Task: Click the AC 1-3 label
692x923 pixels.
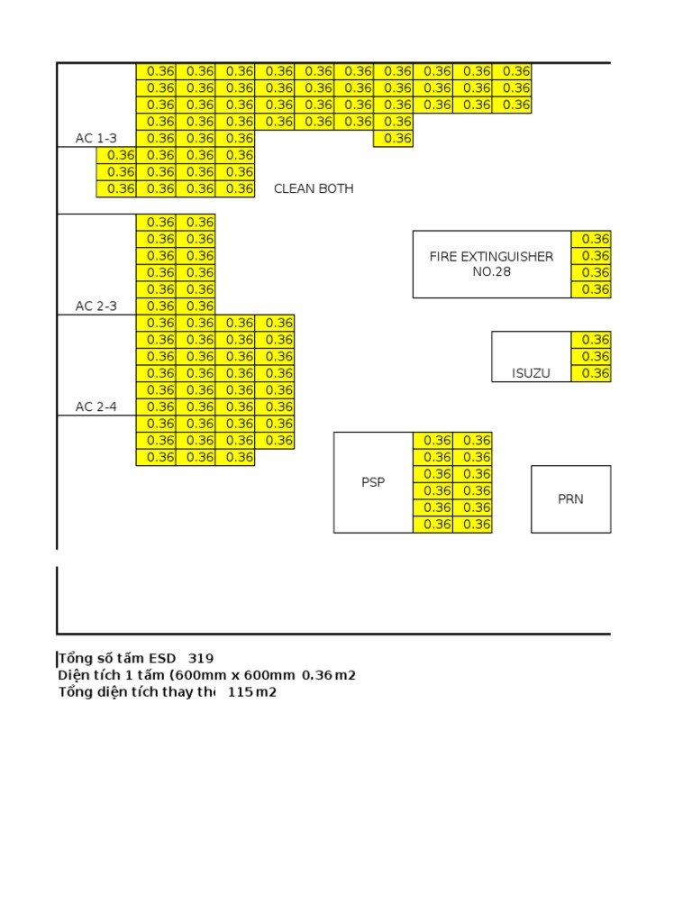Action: pos(96,138)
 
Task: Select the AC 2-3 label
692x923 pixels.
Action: pos(96,306)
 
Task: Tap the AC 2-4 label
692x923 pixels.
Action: pos(96,407)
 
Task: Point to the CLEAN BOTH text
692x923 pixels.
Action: pos(314,188)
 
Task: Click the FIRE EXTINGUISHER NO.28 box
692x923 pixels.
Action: pos(491,264)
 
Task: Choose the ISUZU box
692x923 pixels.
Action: pos(531,357)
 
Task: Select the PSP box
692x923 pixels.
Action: pos(373,482)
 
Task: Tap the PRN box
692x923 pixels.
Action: pos(570,498)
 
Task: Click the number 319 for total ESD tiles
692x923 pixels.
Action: pos(201,658)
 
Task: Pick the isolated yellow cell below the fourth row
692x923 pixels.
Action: pos(393,138)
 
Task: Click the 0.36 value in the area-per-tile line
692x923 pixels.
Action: pos(317,675)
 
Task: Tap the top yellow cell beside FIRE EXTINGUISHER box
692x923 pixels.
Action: pos(591,239)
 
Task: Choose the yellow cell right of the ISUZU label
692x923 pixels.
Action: pos(591,373)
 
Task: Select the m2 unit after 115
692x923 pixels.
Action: pos(265,692)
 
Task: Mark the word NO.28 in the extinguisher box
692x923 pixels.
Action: pos(491,271)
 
